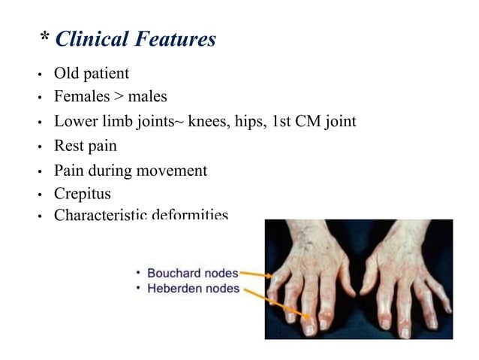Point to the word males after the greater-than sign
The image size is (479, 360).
(x=146, y=96)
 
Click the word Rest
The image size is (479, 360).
(x=68, y=145)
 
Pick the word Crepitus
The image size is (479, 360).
(x=83, y=193)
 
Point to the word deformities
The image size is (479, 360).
(x=189, y=216)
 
